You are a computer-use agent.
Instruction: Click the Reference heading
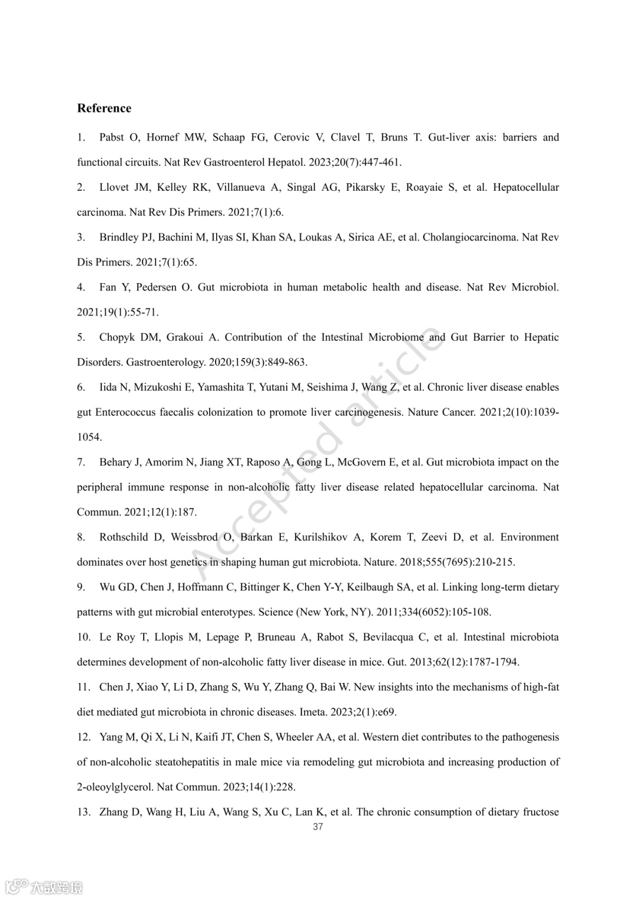point(104,108)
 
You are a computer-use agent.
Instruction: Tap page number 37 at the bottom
point(318,827)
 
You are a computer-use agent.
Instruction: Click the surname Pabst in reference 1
point(112,137)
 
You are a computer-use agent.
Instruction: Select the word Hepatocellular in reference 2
point(526,187)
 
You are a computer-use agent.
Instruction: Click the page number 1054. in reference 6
point(90,437)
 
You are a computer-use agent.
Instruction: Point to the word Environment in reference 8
point(529,537)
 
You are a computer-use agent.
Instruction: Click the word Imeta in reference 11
point(314,712)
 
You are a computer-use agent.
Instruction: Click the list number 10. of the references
point(84,637)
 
